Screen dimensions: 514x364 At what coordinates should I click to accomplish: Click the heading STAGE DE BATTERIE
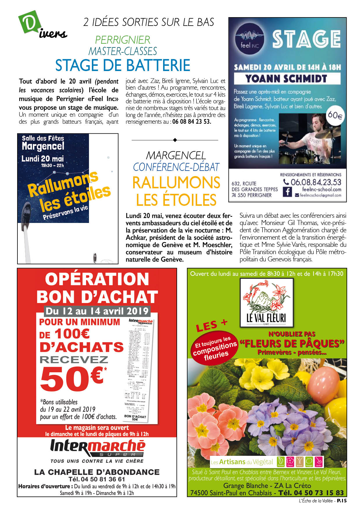pyautogui.click(x=123, y=65)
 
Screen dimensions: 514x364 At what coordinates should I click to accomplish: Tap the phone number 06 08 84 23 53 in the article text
pyautogui.click(x=192, y=122)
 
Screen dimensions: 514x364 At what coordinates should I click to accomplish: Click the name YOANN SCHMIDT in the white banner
pyautogui.click(x=286, y=79)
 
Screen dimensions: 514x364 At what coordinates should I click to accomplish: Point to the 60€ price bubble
pyautogui.click(x=335, y=115)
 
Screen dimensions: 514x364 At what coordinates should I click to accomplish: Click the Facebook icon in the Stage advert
pyautogui.click(x=287, y=192)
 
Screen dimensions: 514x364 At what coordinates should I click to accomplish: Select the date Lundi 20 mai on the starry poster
pyautogui.click(x=42, y=159)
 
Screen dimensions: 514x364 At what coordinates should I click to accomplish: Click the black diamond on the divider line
pyautogui.click(x=175, y=140)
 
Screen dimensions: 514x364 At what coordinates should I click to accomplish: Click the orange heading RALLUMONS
pyautogui.click(x=176, y=183)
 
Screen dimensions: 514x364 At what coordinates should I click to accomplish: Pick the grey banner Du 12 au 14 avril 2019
pyautogui.click(x=97, y=311)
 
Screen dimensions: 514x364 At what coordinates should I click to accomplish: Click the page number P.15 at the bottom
pyautogui.click(x=342, y=501)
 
